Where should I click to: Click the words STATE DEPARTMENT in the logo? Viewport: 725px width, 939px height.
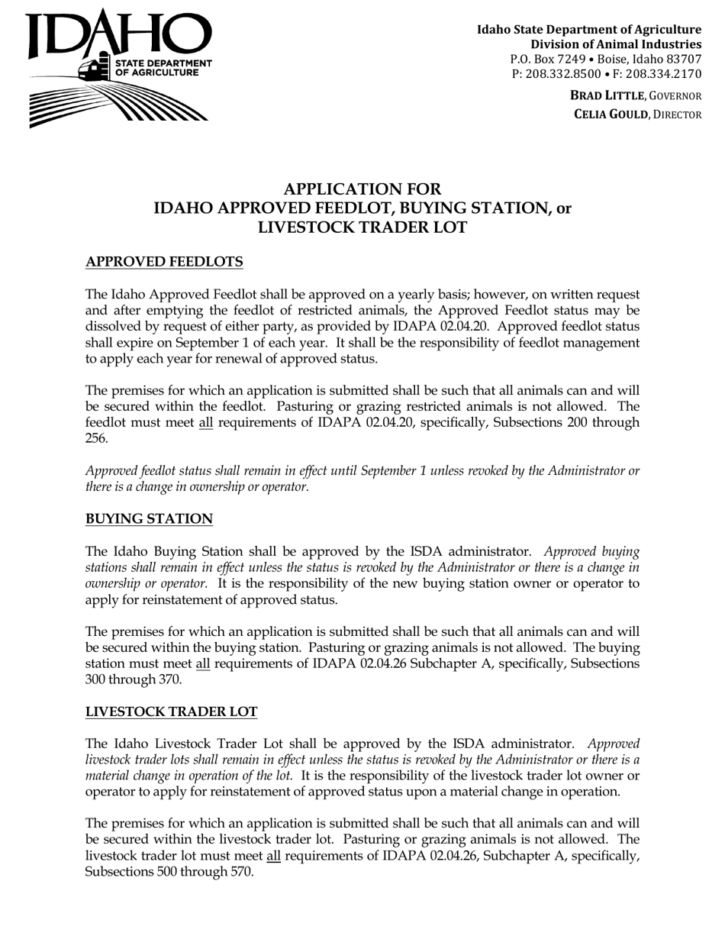point(163,62)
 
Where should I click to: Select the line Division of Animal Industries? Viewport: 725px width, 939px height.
point(616,44)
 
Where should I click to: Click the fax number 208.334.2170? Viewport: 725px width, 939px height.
point(663,73)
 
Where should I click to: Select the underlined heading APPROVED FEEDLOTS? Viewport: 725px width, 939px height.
point(164,262)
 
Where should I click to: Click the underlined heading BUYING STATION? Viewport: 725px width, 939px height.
point(149,519)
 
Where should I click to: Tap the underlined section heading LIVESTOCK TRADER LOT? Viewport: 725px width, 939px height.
point(171,712)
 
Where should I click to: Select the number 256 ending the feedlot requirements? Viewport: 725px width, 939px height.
point(95,438)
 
